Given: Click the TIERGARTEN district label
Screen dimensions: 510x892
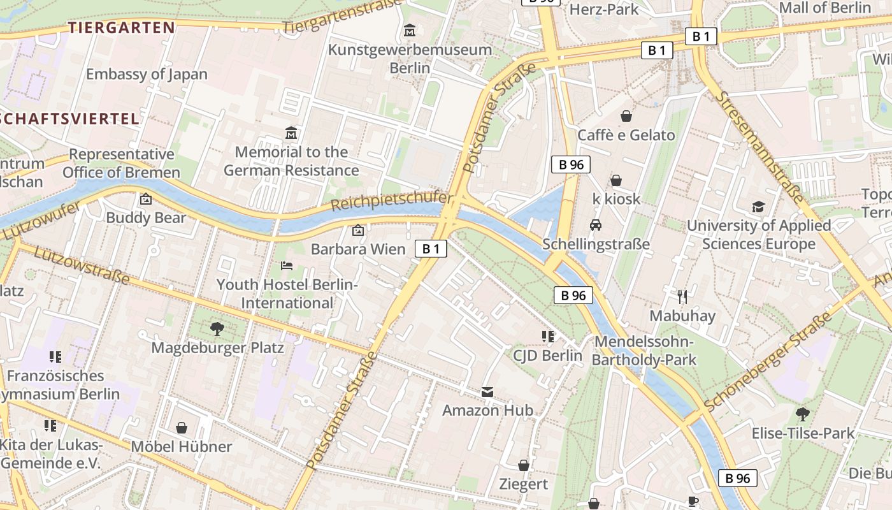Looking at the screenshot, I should click(x=121, y=27).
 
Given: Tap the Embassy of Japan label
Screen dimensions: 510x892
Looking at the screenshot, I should click(x=147, y=74).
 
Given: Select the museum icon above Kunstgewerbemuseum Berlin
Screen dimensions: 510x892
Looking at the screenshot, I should click(x=409, y=30).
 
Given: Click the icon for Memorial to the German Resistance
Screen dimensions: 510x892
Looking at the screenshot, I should click(x=291, y=133).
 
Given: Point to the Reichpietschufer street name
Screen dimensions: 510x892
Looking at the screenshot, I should click(x=391, y=202).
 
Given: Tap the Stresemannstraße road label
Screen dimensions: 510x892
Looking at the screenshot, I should click(x=758, y=146).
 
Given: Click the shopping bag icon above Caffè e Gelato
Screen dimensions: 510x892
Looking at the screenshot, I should click(x=626, y=116).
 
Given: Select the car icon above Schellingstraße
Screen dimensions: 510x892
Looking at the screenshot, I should click(x=596, y=225).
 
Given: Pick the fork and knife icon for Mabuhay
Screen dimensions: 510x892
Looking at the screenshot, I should click(x=682, y=296).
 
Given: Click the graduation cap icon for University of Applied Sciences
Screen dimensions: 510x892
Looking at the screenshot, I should click(x=758, y=207).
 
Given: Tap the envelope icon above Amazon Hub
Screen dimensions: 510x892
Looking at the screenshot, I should click(x=487, y=391).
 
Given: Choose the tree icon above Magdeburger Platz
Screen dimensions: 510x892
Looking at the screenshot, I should click(x=217, y=329).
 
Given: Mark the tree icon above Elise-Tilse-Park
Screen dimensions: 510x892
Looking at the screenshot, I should click(x=803, y=414).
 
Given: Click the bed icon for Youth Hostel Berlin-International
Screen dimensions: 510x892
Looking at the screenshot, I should click(x=287, y=265).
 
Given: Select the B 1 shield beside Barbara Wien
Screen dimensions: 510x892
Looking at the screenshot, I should click(x=431, y=249).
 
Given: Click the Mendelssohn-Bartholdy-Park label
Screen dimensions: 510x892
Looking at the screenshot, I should click(x=644, y=351).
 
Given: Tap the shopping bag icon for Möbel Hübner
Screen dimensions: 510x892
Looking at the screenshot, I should click(x=182, y=427).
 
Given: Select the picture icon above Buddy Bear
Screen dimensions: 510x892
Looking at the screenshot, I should click(x=146, y=199).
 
